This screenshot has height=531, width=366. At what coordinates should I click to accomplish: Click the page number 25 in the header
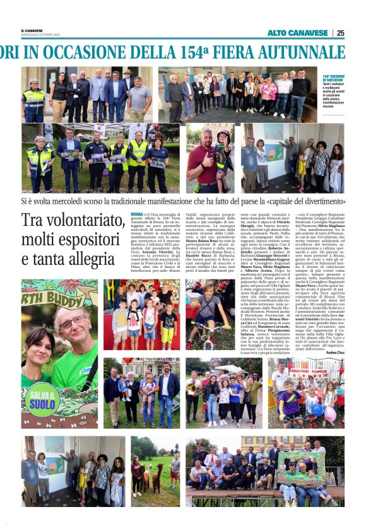click(340, 33)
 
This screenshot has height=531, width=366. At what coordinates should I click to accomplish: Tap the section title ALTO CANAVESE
click(297, 33)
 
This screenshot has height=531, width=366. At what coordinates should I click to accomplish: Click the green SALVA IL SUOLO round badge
click(41, 399)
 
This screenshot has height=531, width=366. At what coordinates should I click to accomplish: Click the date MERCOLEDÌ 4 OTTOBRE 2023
click(40, 35)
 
